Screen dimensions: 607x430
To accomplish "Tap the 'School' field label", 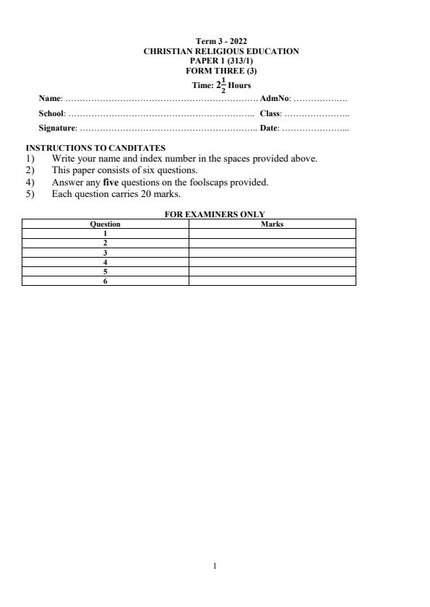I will tap(51, 113).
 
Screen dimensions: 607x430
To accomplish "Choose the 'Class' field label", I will tap(270, 113).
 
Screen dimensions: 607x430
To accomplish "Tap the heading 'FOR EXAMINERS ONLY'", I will tap(215, 214).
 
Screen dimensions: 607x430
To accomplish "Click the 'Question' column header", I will tap(105, 224).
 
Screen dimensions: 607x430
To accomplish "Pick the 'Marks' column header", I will tap(272, 224).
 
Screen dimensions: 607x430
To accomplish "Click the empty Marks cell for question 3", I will tap(272, 253).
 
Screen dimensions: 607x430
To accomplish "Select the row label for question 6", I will tap(105, 281).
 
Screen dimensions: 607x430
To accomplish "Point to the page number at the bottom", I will tap(215, 567).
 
